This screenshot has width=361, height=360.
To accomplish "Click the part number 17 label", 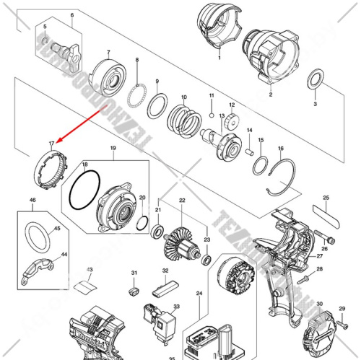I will (51, 144).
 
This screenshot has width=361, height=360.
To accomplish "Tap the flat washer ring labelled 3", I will (316, 79).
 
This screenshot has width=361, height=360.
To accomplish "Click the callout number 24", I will (199, 294).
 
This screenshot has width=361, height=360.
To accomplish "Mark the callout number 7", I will (108, 52).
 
